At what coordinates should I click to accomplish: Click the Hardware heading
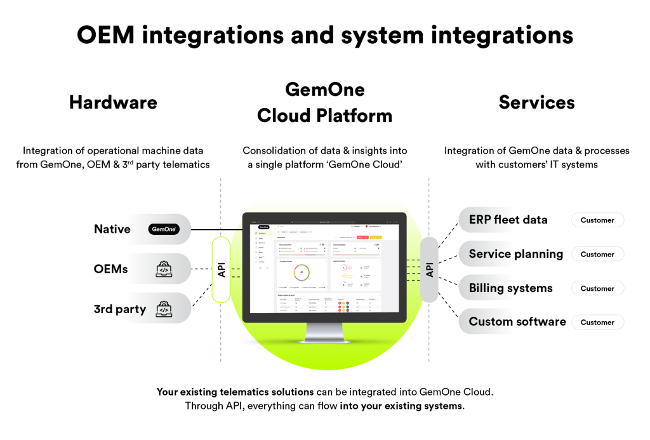click(x=113, y=102)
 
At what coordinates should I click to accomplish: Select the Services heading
click(x=536, y=102)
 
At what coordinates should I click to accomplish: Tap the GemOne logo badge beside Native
click(x=163, y=229)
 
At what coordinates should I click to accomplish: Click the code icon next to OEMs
click(x=163, y=269)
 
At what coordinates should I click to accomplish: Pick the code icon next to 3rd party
click(x=163, y=309)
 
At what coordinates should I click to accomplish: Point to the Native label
click(x=113, y=229)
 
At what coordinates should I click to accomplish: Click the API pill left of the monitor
click(x=222, y=269)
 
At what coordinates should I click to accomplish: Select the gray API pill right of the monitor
click(x=429, y=269)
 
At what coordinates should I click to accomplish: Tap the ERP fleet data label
click(x=508, y=220)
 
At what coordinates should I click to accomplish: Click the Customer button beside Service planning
click(x=597, y=254)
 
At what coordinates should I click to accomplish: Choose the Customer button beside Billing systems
click(x=597, y=288)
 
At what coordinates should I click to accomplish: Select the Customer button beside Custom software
click(x=597, y=322)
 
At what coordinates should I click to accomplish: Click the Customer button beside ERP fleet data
click(x=597, y=220)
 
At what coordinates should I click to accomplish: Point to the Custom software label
click(x=517, y=321)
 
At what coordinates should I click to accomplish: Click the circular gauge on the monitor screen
click(x=302, y=272)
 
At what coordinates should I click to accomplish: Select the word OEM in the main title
click(x=105, y=35)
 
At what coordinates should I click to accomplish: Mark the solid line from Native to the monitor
click(x=216, y=229)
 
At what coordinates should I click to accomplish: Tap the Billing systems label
click(x=510, y=288)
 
